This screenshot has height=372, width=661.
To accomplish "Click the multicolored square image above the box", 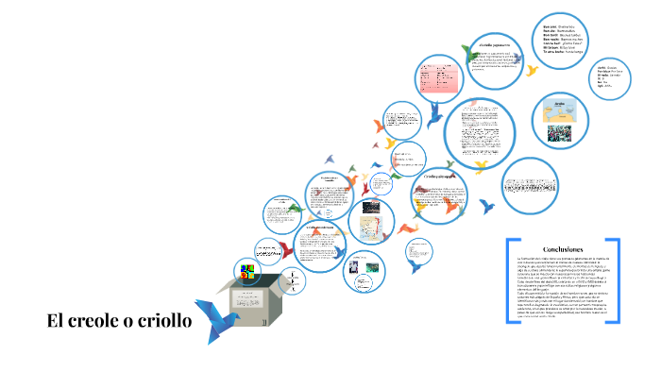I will (248, 273).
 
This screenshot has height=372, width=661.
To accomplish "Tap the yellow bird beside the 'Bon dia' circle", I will (533, 70).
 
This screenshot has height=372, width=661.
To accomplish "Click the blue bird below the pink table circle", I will (435, 113).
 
